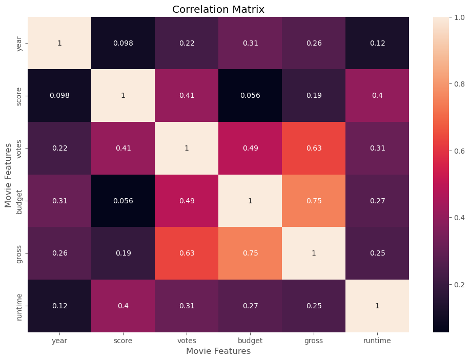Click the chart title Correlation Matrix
point(218,9)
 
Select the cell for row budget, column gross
point(314,201)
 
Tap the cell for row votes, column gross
point(314,149)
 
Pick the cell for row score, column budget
point(250,96)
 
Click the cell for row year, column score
point(123,43)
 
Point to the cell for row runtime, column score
point(123,306)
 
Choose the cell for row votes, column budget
point(250,149)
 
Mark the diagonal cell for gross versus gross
point(314,253)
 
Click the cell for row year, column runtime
point(377,43)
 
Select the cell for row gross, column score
point(123,253)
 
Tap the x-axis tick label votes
point(187,341)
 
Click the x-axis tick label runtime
point(377,341)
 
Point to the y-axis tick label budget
point(19,201)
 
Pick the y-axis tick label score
point(19,96)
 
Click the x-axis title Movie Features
point(218,351)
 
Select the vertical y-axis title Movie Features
point(8,175)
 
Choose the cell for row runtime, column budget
point(250,306)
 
